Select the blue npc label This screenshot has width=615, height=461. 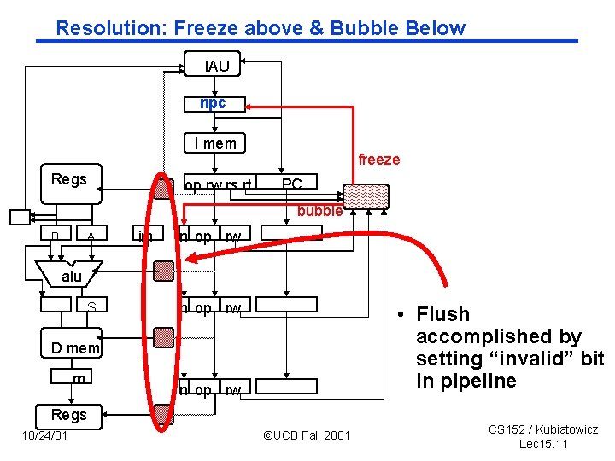click(214, 103)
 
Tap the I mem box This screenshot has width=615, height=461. click(214, 143)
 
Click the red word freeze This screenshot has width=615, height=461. click(378, 160)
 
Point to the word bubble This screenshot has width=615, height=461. click(319, 210)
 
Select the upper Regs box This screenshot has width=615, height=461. click(69, 183)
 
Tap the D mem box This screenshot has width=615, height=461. click(74, 347)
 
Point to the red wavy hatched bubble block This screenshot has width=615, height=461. click(366, 197)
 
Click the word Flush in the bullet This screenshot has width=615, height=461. click(443, 314)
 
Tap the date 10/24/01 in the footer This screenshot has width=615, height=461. click(44, 436)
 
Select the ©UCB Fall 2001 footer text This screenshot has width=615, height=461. click(306, 436)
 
